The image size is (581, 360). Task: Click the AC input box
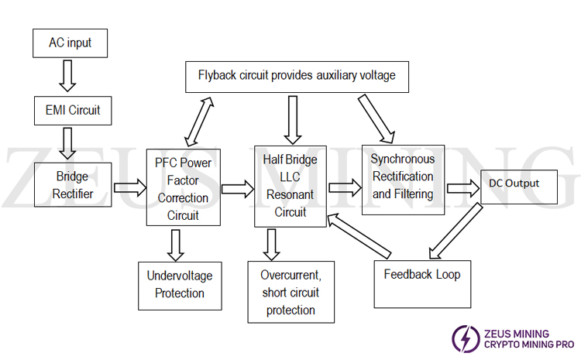(x=70, y=42)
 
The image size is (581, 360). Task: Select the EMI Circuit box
(x=67, y=110)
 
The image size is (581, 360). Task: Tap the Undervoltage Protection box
(x=180, y=284)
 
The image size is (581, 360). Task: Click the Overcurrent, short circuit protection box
(x=290, y=293)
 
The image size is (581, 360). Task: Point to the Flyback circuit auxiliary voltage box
(x=297, y=76)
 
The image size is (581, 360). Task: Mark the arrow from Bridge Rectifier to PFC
(x=130, y=187)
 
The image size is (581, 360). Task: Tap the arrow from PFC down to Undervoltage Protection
(x=176, y=245)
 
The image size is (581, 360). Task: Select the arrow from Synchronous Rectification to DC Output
(x=463, y=187)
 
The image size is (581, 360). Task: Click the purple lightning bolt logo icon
(x=465, y=338)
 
